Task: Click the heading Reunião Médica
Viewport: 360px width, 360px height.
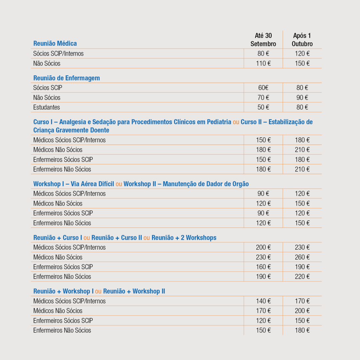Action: (x=55, y=43)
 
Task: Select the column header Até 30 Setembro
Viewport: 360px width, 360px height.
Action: (x=263, y=40)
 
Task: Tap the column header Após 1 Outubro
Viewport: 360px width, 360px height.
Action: (x=302, y=40)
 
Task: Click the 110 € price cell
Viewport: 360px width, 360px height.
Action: (x=263, y=63)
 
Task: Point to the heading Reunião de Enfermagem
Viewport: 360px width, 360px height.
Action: (x=67, y=78)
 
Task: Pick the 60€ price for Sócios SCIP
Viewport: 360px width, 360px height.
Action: (x=263, y=88)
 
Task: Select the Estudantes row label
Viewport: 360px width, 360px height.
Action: (x=47, y=107)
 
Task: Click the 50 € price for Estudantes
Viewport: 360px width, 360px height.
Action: (x=263, y=107)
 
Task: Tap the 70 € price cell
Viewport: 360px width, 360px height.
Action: (x=263, y=98)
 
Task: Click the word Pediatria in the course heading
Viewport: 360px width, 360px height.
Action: (x=219, y=122)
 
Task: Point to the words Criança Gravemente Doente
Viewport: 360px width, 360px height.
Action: (x=71, y=130)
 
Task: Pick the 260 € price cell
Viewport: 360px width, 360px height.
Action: (x=302, y=257)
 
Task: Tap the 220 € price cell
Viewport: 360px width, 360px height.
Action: (x=302, y=277)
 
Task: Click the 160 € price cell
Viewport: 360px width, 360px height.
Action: (x=263, y=267)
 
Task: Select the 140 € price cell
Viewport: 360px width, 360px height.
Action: (x=263, y=301)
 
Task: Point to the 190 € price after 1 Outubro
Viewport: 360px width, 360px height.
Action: (x=302, y=267)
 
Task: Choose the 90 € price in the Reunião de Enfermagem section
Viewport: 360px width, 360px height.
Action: (x=302, y=98)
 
